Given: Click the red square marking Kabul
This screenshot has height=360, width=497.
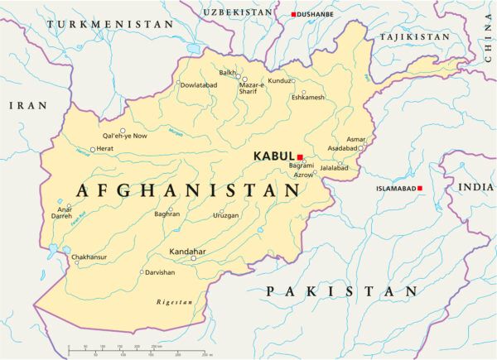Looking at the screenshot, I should [300, 156].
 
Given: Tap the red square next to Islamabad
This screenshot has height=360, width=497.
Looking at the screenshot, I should [420, 189].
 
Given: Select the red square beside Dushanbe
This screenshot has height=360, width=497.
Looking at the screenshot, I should [293, 15].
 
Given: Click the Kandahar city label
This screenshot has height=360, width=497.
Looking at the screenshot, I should [187, 251].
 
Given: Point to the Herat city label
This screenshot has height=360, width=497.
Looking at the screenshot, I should [105, 149].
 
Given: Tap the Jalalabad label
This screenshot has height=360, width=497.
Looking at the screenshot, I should [335, 168].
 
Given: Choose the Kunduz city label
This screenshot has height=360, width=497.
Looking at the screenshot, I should [280, 81].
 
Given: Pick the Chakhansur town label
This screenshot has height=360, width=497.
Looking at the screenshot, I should [90, 257].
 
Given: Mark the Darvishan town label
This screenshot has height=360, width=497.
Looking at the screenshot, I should [161, 272].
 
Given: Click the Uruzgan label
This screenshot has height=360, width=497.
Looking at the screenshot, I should [225, 215].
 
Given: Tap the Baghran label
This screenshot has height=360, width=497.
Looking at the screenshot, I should [166, 214].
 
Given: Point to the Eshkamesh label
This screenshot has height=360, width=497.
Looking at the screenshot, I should [308, 98].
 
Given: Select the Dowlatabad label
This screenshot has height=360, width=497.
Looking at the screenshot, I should [199, 84].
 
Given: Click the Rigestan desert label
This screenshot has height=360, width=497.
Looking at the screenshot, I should [175, 302].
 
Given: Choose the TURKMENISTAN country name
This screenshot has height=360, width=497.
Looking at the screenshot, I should [110, 25].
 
